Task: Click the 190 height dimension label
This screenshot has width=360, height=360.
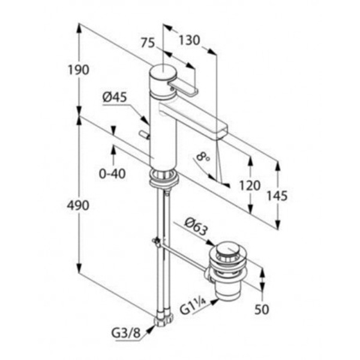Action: [x=78, y=70]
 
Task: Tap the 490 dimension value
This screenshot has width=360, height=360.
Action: [x=78, y=205]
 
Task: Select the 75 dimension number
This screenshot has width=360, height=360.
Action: [x=148, y=43]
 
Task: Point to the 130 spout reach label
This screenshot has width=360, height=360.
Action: [x=189, y=40]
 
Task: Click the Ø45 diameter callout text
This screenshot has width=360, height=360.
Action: [x=115, y=97]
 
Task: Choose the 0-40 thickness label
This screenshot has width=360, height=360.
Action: [x=112, y=173]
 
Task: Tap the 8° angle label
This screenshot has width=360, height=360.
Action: [x=203, y=157]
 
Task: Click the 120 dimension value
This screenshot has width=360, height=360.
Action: [x=250, y=185]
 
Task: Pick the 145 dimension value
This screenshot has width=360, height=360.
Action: [x=277, y=196]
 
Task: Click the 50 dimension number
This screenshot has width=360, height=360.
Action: [x=262, y=310]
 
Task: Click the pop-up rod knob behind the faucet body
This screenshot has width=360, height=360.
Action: [x=145, y=135]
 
